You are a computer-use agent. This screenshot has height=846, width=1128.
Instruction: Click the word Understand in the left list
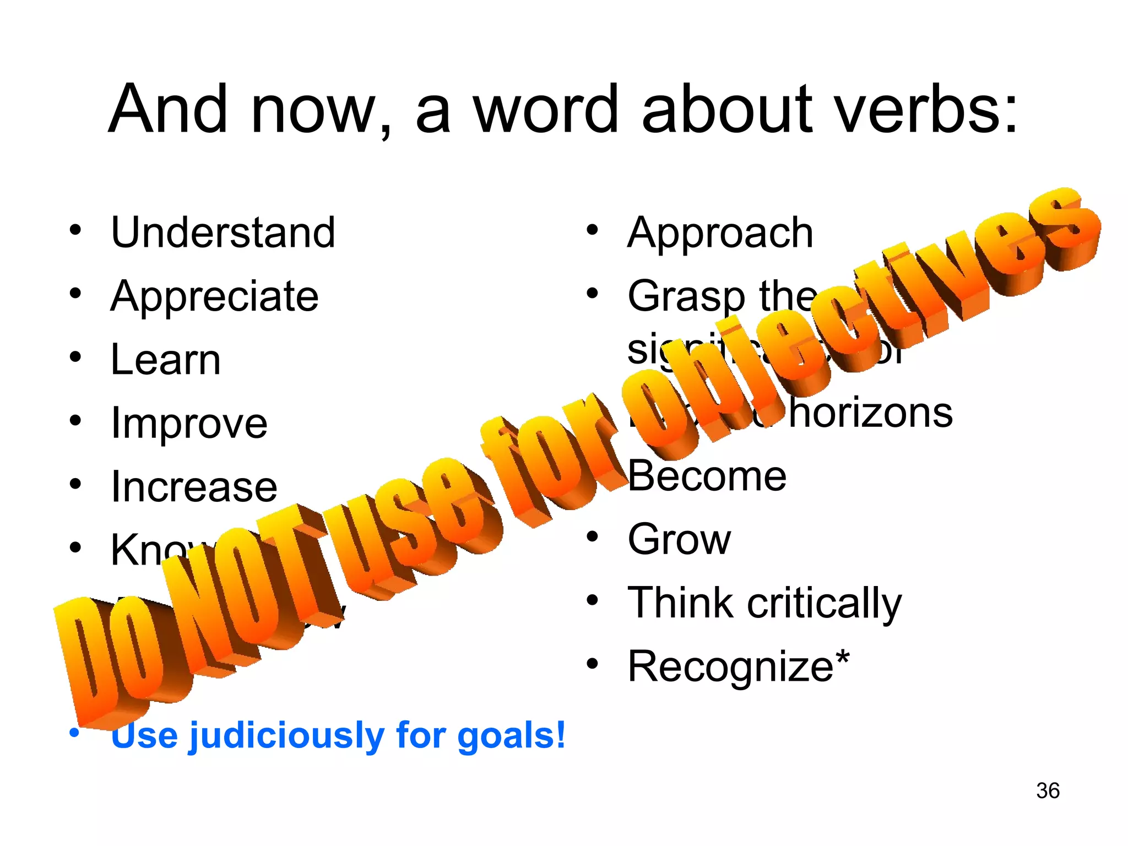(x=223, y=232)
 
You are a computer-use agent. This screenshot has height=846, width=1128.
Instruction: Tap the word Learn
(x=165, y=360)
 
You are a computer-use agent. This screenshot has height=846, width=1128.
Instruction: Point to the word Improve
(x=189, y=424)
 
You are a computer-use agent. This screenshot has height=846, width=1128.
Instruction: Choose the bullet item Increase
(x=194, y=487)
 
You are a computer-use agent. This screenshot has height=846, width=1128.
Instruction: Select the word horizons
(x=870, y=413)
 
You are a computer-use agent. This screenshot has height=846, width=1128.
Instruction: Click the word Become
(x=707, y=476)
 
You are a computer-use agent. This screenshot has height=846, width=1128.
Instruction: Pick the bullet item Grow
(x=679, y=539)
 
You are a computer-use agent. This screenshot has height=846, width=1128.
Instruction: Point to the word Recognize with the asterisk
(x=738, y=666)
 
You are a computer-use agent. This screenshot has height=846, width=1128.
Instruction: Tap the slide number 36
(x=1048, y=790)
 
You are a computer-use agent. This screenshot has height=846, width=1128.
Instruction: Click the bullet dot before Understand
(x=75, y=230)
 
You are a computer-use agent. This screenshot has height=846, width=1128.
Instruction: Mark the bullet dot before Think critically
(x=592, y=600)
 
